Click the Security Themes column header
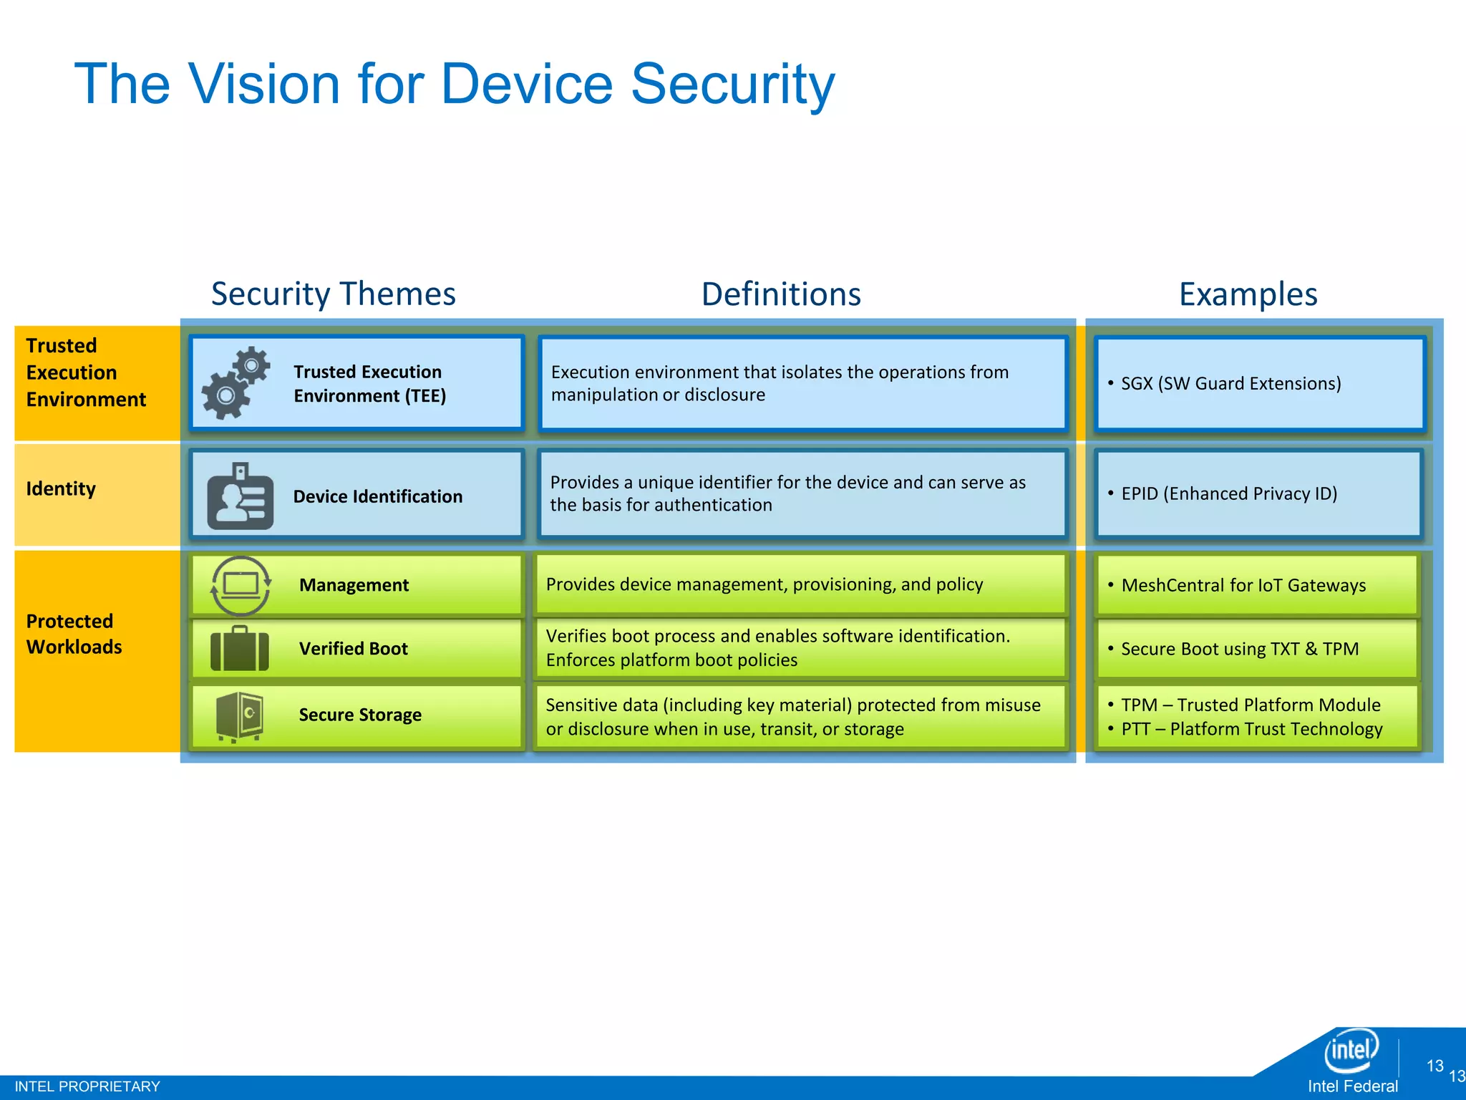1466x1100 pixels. (333, 294)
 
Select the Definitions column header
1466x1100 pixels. (781, 294)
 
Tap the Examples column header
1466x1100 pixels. (1248, 294)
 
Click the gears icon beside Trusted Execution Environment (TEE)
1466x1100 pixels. (235, 382)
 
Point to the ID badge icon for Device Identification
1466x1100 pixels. (240, 496)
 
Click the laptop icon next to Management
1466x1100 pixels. (241, 585)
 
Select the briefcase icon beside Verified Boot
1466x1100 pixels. (240, 649)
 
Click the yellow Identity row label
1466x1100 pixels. (61, 489)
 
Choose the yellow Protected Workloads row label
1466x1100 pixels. (74, 634)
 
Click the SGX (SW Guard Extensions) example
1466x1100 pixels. (1230, 384)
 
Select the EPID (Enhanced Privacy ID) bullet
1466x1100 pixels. (1228, 494)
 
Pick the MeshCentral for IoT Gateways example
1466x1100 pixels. (1243, 586)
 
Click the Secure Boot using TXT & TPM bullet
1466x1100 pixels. (1239, 650)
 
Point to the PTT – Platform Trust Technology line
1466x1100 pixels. (1251, 729)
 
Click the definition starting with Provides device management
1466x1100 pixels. (764, 585)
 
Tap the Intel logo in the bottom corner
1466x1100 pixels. (1351, 1051)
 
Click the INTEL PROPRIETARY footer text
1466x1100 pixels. (87, 1086)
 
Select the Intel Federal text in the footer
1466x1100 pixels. (1352, 1086)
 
